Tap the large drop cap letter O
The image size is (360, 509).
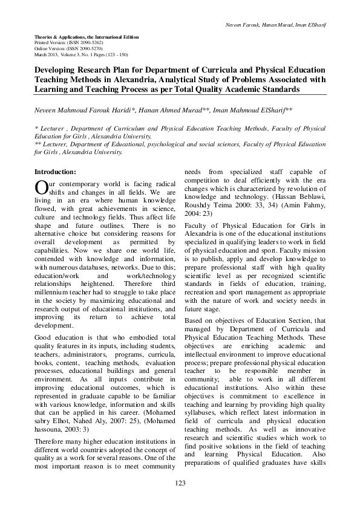point(40,187)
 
